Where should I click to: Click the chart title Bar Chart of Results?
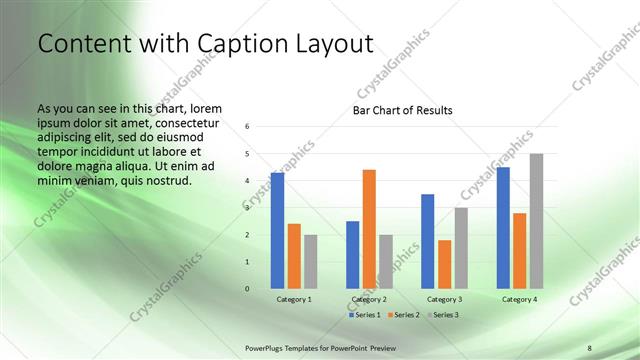point(402,110)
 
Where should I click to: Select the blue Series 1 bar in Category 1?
point(277,231)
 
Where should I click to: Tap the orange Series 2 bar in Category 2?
point(369,229)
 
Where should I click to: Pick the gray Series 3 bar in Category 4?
point(536,221)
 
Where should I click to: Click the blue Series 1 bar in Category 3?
point(428,241)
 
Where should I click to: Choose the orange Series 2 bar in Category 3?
point(444,264)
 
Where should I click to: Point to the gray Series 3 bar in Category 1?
point(310,262)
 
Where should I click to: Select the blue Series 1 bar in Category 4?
point(503,228)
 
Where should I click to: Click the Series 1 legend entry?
point(366,315)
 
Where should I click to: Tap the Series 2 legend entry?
point(402,315)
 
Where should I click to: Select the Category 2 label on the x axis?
point(369,299)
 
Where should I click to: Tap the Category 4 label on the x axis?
point(519,299)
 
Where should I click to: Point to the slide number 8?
point(589,348)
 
